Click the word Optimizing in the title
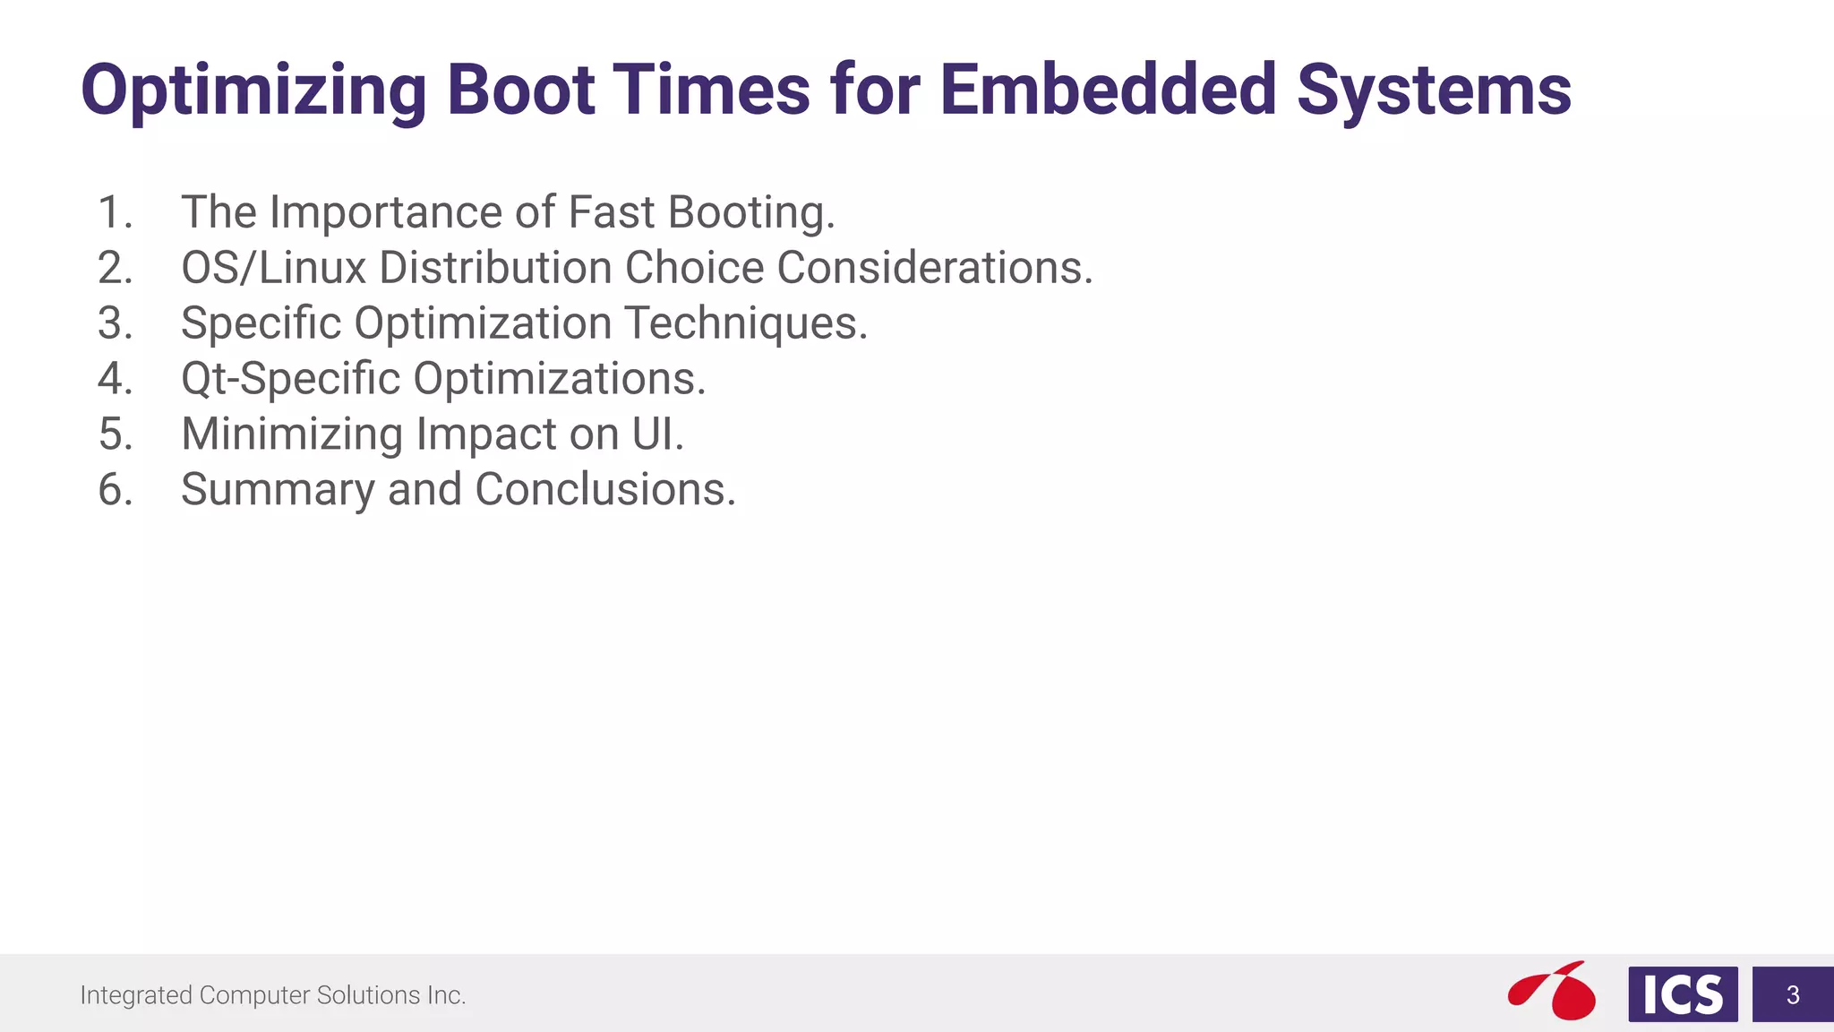pos(253,91)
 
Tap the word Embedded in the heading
pos(1108,90)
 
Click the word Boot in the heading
pos(520,90)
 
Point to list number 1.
pos(115,213)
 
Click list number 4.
pos(115,379)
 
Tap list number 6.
pos(115,490)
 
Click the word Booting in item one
pos(750,213)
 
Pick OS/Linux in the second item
pos(273,268)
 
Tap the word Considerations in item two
pos(934,268)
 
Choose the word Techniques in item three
pos(745,323)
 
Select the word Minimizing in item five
pos(291,434)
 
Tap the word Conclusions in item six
pos(604,490)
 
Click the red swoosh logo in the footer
pos(1552,991)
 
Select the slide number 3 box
pos(1792,994)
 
